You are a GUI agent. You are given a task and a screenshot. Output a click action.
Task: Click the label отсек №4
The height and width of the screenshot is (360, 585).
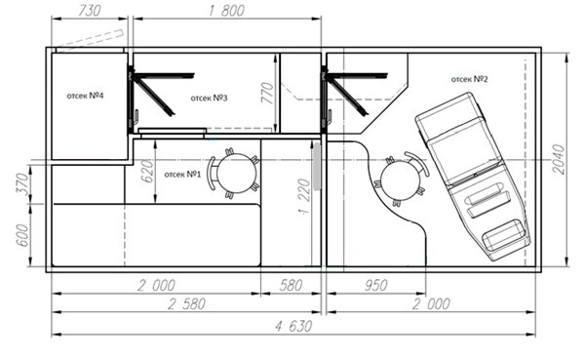pos(85,96)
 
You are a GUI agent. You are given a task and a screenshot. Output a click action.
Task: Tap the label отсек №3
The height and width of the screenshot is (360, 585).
pos(209,98)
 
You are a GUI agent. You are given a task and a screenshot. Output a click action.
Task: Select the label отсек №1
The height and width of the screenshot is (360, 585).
pos(182,174)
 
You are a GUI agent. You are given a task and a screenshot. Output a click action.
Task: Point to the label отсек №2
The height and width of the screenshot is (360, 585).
pos(469,79)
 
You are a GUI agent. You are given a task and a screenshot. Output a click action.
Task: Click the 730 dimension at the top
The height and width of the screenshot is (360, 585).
pos(90,11)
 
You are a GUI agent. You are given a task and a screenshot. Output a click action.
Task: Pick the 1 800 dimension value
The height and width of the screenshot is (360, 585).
pos(226,11)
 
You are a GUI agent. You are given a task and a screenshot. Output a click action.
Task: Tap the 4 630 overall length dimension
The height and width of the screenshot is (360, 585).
pos(293,327)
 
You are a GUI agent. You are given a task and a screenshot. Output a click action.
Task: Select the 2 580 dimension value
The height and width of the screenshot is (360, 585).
pos(186,304)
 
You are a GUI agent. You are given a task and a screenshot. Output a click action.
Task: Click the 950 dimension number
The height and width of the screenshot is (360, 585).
pos(375,285)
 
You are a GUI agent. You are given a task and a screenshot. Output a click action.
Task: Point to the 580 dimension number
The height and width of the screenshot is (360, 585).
pos(291,285)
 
